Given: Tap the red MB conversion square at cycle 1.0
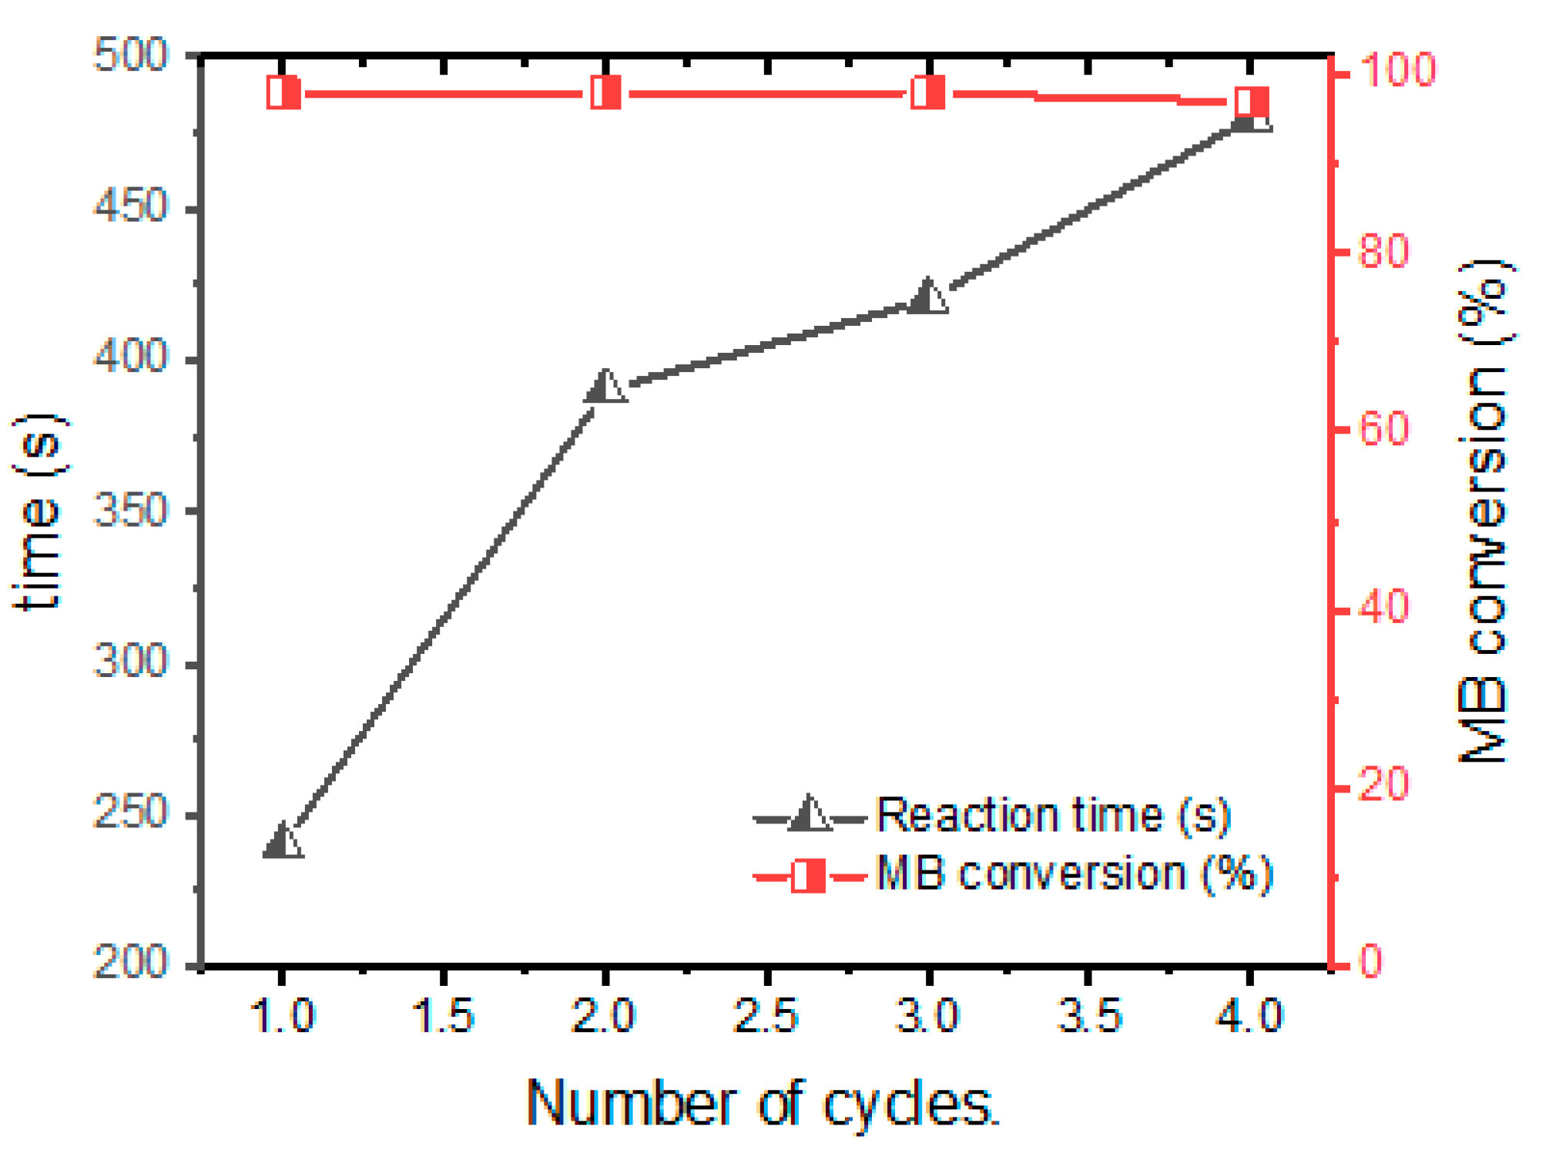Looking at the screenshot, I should [283, 93].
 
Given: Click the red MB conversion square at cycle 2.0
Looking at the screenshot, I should [606, 93].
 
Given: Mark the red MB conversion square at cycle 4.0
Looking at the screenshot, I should [1252, 102].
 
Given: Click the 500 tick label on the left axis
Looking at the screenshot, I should [129, 55].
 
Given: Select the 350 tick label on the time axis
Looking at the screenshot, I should [129, 510].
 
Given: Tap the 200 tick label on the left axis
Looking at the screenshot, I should [129, 963].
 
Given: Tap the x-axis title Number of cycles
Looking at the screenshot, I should [763, 1105].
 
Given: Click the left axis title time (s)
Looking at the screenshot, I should [39, 512].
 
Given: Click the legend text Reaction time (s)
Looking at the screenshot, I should [1054, 816].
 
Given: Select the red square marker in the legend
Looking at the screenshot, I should [809, 876].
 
